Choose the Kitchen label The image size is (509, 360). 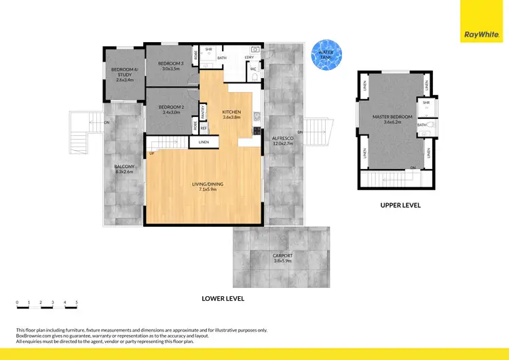pos(232,113)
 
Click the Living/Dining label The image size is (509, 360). pos(204,187)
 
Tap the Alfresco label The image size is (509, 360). pos(282,141)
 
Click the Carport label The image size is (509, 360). pos(282,257)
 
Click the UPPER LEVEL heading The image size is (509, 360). pos(400,204)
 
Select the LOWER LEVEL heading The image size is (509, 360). pos(223,298)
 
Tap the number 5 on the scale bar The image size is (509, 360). pos(77,302)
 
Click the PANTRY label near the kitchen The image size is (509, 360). pos(203,109)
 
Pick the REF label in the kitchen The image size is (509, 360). pos(203,127)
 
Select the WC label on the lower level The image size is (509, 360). pos(252,69)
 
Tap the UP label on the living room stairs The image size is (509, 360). pos(151,153)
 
